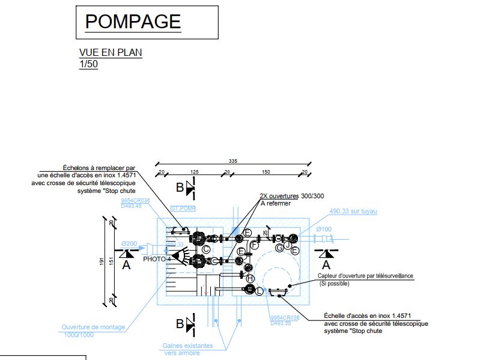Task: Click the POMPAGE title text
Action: (x=133, y=22)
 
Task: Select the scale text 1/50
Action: (x=88, y=64)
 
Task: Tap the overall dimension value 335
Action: (x=232, y=161)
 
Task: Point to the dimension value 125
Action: (x=194, y=172)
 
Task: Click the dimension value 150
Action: (x=265, y=172)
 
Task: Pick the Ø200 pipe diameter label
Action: (x=129, y=243)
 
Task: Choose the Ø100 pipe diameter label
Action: (x=324, y=230)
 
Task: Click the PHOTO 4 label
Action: (x=157, y=259)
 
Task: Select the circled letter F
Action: (x=255, y=245)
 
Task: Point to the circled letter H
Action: (x=251, y=278)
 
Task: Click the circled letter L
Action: (x=260, y=291)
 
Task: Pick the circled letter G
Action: (x=279, y=247)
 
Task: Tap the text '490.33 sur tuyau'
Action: (x=357, y=211)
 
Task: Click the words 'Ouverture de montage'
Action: (x=93, y=328)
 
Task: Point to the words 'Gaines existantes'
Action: (x=187, y=346)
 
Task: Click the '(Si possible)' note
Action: (x=335, y=283)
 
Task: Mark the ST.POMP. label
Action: (x=184, y=209)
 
